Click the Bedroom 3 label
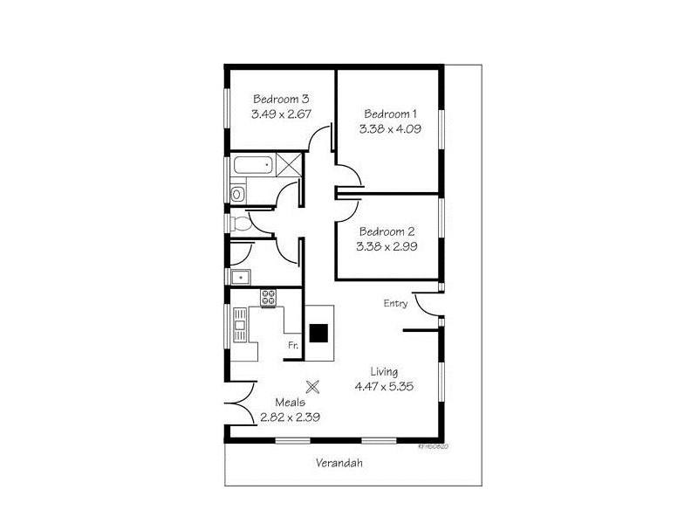point(281,99)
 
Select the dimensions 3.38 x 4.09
point(389,128)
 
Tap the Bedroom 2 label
point(386,231)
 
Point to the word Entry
point(395,304)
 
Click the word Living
point(383,371)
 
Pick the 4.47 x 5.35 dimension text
point(384,385)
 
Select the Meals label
point(291,403)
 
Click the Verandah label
point(339,464)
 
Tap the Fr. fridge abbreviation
point(294,346)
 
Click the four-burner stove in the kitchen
point(268,298)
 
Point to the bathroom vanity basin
point(237,194)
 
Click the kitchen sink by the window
point(240,328)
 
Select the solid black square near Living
point(320,333)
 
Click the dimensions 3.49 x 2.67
point(281,114)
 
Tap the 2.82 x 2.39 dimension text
point(291,417)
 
